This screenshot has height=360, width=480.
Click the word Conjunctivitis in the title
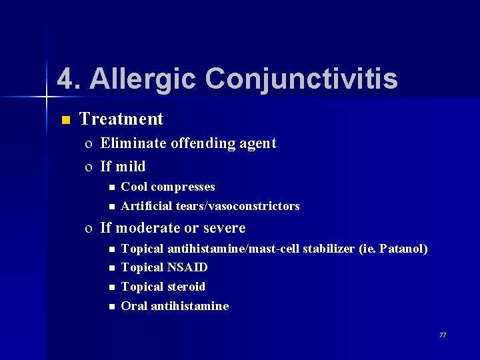tap(301, 79)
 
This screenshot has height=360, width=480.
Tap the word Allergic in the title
tap(143, 79)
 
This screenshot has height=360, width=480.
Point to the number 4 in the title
tap(64, 79)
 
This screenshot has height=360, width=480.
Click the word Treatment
tap(121, 119)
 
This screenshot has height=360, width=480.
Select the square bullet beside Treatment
tap(65, 120)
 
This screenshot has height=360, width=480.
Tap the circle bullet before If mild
tap(89, 167)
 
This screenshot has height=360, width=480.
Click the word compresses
tap(183, 187)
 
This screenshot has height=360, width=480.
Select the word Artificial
tap(147, 206)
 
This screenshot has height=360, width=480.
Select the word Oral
tap(134, 306)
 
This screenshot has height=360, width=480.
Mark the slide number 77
tap(443, 335)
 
